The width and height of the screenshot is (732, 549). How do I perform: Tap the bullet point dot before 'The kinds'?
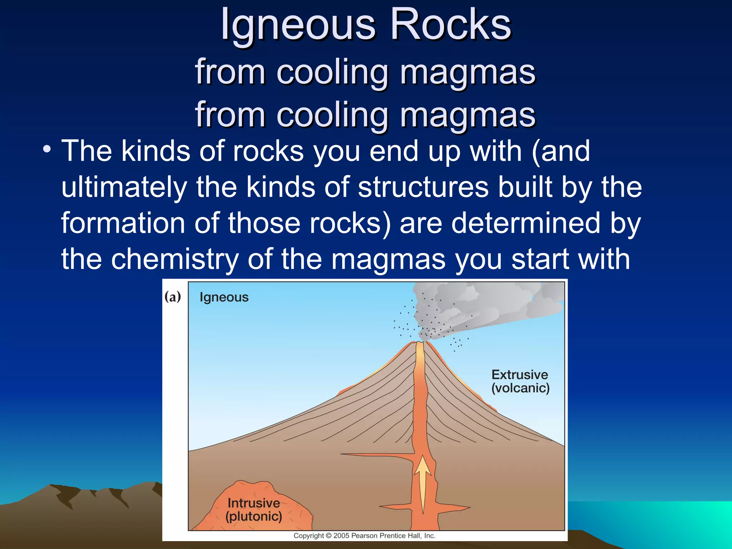click(46, 149)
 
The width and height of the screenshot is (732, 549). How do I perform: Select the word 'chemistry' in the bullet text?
click(175, 259)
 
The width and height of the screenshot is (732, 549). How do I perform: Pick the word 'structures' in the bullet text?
click(423, 187)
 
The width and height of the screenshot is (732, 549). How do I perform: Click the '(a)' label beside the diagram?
click(173, 297)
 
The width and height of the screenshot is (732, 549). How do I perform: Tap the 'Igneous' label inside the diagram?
click(224, 297)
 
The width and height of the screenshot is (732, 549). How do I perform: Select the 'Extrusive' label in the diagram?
click(520, 375)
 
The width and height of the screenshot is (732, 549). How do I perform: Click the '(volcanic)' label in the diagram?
click(520, 388)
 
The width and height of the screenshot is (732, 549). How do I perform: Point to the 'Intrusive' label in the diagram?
click(254, 503)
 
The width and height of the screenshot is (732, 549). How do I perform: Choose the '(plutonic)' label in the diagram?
click(254, 516)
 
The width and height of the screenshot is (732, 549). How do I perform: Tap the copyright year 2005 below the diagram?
click(341, 536)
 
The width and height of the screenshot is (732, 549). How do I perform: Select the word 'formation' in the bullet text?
click(123, 223)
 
